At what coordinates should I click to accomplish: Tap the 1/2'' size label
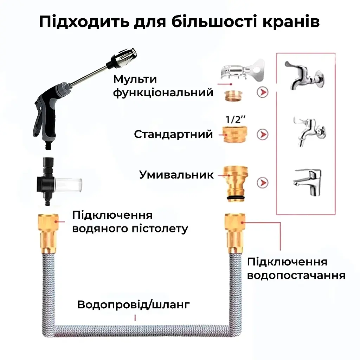point(236,120)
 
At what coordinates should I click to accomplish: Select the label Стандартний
point(174,134)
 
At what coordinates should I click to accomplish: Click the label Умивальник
point(176,175)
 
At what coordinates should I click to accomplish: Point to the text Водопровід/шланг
point(134,305)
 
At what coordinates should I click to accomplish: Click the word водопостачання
point(296,275)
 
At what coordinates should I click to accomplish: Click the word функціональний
point(163,92)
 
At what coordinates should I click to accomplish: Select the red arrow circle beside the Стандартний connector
point(262,135)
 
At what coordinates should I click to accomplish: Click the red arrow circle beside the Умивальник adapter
point(262,183)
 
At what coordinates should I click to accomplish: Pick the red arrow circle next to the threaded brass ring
point(262,92)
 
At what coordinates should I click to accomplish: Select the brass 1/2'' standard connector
point(235,135)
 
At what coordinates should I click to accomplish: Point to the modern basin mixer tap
point(308,182)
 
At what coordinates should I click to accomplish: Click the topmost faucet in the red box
point(305,76)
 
